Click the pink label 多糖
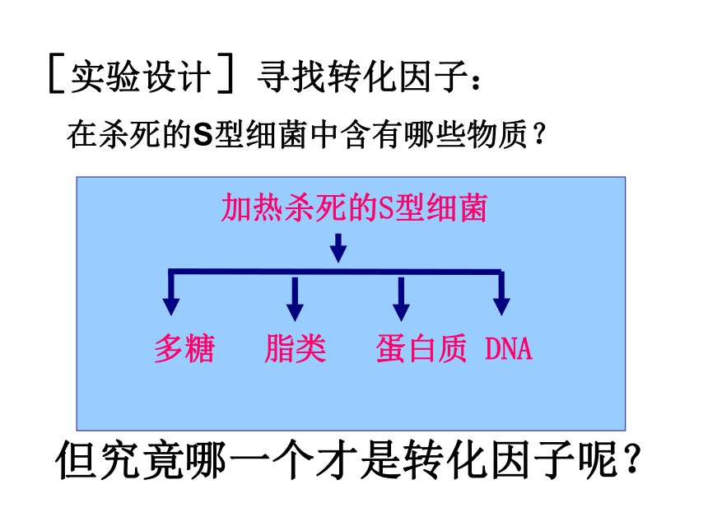pyautogui.click(x=184, y=348)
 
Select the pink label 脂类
pyautogui.click(x=296, y=348)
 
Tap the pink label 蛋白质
pyautogui.click(x=421, y=348)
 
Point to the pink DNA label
pyautogui.click(x=509, y=349)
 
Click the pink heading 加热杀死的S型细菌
pyautogui.click(x=354, y=207)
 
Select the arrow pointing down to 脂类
pyautogui.click(x=295, y=299)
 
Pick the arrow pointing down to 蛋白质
pyautogui.click(x=401, y=299)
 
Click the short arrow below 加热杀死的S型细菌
pyautogui.click(x=338, y=248)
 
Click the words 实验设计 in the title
pyautogui.click(x=141, y=77)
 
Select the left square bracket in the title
pyautogui.click(x=56, y=73)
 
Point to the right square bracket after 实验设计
pyautogui.click(x=226, y=73)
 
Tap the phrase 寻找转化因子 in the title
pyautogui.click(x=362, y=77)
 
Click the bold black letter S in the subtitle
pyautogui.click(x=203, y=135)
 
